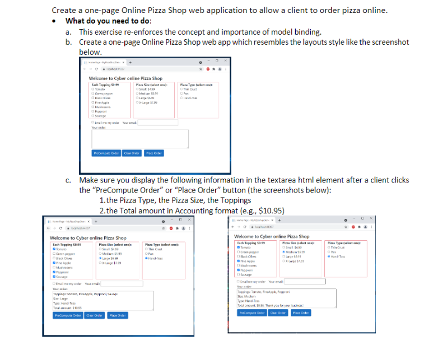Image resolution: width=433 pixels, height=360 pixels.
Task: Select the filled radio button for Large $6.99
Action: [x=100, y=258]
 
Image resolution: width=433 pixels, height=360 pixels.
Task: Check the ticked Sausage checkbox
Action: [x=53, y=276]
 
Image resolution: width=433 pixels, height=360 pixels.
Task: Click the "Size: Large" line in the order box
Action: [x=61, y=298]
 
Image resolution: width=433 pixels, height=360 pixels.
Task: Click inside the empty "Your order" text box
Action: [x=139, y=138]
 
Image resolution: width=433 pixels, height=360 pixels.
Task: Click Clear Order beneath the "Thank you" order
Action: [x=278, y=312]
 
